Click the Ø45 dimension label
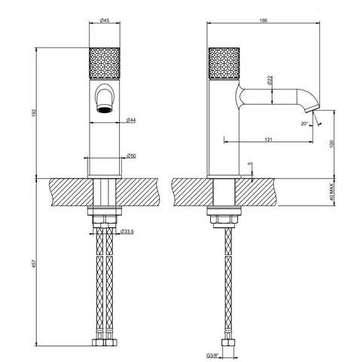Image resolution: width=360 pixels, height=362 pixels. click(x=105, y=20)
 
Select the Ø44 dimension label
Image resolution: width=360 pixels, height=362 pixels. click(x=131, y=121)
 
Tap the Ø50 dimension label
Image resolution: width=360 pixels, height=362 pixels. click(x=131, y=156)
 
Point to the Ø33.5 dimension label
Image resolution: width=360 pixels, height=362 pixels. click(x=127, y=232)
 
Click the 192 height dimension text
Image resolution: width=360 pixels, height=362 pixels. click(x=35, y=112)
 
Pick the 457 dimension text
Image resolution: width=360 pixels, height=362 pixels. click(x=35, y=263)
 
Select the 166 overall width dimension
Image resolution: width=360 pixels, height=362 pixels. click(x=264, y=20)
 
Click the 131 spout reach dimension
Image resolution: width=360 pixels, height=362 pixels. click(x=268, y=140)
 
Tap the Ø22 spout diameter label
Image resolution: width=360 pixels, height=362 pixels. click(x=270, y=80)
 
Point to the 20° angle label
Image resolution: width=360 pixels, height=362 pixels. click(x=304, y=124)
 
